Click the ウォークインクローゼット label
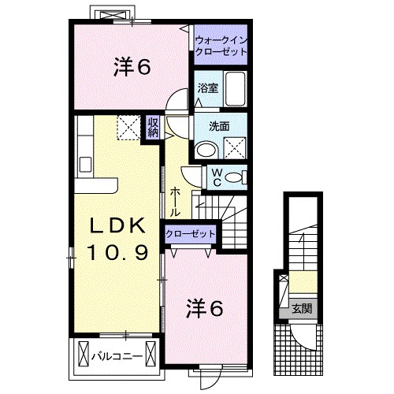pyautogui.click(x=221, y=46)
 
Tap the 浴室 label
pyautogui.click(x=208, y=88)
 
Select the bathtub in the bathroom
pyautogui.click(x=235, y=88)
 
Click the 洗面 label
pyautogui.click(x=219, y=126)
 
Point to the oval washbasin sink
pyautogui.click(x=207, y=150)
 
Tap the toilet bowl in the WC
pyautogui.click(x=234, y=178)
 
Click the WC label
pyautogui.click(x=217, y=177)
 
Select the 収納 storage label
pyautogui.click(x=153, y=128)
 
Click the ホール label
pyautogui.click(x=174, y=202)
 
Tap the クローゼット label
pyautogui.click(x=191, y=233)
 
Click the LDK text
pyautogui.click(x=117, y=225)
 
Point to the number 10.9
pyautogui.click(x=117, y=252)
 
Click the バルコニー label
pyautogui.click(x=117, y=356)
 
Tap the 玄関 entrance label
pyautogui.click(x=302, y=309)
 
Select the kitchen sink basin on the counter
pyautogui.click(x=85, y=165)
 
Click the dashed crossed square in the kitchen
pyautogui.click(x=128, y=128)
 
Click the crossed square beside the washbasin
pyautogui.click(x=235, y=148)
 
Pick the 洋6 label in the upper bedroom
pyautogui.click(x=132, y=67)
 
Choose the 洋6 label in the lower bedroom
pyautogui.click(x=205, y=309)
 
